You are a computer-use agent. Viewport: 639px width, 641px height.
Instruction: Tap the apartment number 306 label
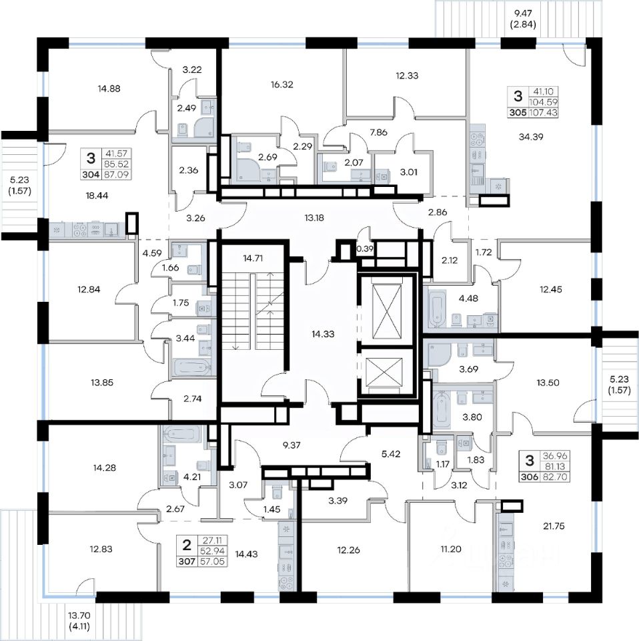pyautogui.click(x=529, y=477)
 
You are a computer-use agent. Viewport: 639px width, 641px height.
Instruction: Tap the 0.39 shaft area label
pyautogui.click(x=365, y=248)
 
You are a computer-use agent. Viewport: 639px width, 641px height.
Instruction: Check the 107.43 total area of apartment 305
pyautogui.click(x=542, y=113)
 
